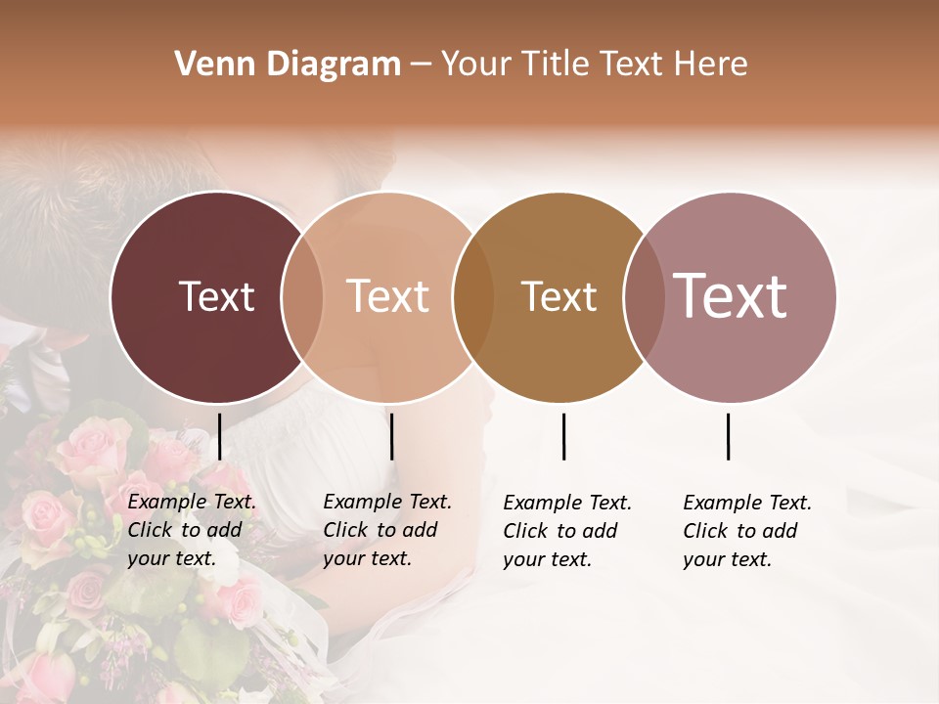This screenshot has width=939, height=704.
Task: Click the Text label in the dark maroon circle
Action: point(216,296)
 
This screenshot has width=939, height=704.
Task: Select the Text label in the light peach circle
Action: point(388,296)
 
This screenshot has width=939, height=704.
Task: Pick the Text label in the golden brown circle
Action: point(559,296)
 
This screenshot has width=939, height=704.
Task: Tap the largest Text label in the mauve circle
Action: point(730,295)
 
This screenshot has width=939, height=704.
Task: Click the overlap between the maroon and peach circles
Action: point(302,297)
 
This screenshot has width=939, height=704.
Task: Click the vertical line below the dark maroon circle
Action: point(220,436)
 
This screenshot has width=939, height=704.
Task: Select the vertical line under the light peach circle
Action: point(391,436)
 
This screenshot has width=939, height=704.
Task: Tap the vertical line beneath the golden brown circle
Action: point(563,436)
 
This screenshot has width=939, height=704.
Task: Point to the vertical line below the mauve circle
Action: point(728,436)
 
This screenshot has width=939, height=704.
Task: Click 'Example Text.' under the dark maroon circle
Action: point(192,502)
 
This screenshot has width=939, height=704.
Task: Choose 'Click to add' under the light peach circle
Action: point(380,530)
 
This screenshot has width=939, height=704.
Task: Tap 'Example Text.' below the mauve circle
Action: point(747,503)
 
